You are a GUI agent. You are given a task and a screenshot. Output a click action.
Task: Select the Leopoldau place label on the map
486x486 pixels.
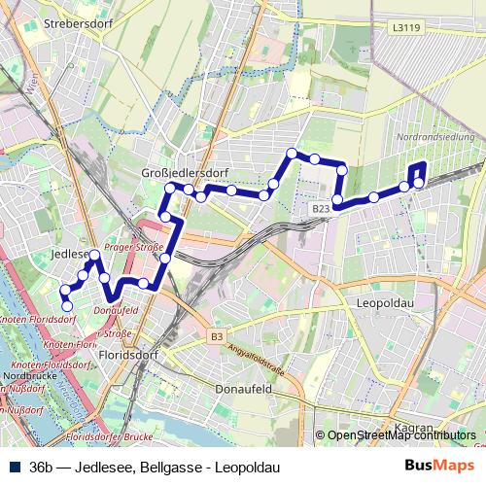pos(386,303)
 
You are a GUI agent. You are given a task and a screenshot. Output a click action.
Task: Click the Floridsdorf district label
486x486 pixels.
pos(126,356)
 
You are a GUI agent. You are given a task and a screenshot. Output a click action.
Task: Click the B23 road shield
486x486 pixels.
pos(323,208)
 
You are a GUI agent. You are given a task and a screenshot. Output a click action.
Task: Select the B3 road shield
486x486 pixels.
pos(216,336)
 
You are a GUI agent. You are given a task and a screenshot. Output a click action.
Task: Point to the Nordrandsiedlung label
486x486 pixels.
pos(436,139)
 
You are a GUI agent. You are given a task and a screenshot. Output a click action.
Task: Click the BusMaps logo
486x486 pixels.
pos(446,467)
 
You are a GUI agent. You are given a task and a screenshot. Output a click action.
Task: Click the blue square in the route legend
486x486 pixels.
pos(12,468)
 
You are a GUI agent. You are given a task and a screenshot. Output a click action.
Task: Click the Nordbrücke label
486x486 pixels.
pos(24,374)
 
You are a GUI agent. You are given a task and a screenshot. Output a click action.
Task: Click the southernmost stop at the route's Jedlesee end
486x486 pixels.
pos(67,306)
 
